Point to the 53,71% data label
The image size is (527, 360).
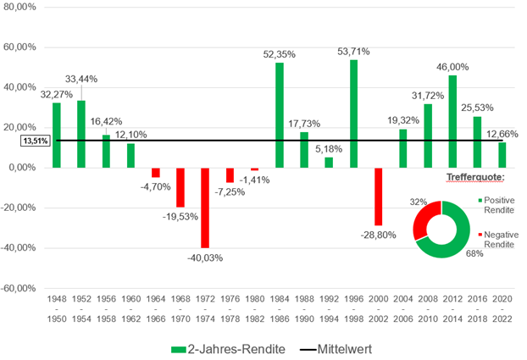coord(353,53)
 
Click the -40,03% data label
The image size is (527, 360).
coord(205,257)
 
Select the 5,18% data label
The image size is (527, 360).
coord(329,148)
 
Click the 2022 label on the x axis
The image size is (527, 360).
coord(502,319)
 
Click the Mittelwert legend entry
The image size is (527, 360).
coord(330,347)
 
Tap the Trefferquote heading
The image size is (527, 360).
coord(474,179)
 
